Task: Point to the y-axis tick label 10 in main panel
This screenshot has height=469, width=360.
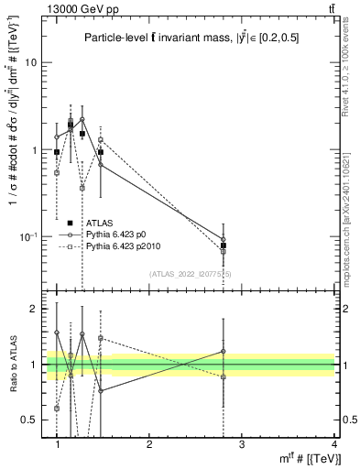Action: point(30,63)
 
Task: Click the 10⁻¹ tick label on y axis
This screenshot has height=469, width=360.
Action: point(27,236)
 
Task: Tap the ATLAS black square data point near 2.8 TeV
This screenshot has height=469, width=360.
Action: point(224,245)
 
